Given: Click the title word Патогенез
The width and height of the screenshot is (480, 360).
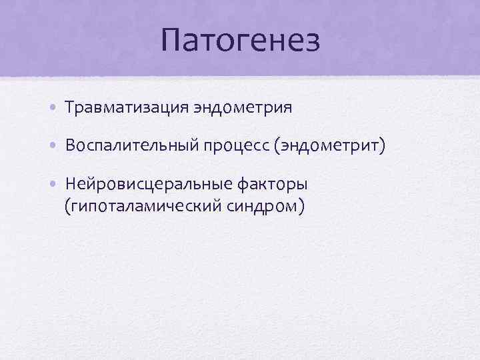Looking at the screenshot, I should (x=240, y=41).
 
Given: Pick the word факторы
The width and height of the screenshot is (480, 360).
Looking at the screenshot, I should (x=278, y=184).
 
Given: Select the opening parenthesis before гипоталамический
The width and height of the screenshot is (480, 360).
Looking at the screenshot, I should (x=67, y=207).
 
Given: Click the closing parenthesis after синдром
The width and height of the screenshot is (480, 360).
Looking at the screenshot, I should (x=302, y=207).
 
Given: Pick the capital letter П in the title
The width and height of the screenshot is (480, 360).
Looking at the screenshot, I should (x=172, y=41).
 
